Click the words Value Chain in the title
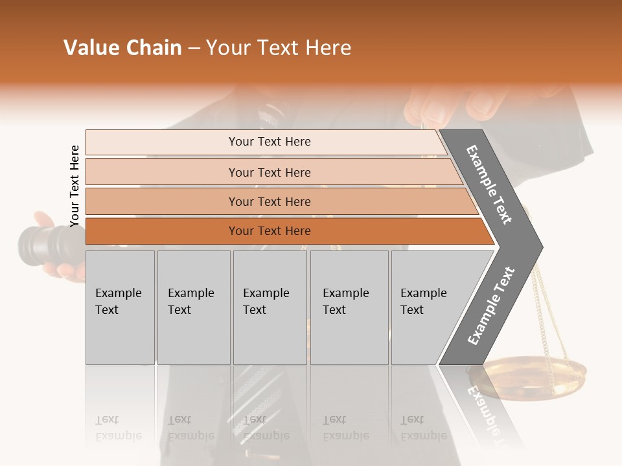pyautogui.click(x=122, y=48)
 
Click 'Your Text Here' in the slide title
pyautogui.click(x=279, y=48)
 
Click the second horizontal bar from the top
pyautogui.click(x=270, y=172)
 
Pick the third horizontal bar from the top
pyautogui.click(x=270, y=201)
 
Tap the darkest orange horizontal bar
pyautogui.click(x=270, y=231)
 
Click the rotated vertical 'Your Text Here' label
pyautogui.click(x=75, y=186)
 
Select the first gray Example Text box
pyautogui.click(x=120, y=307)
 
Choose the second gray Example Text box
pyautogui.click(x=193, y=307)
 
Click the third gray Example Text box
pyautogui.click(x=270, y=307)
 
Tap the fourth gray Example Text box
pyautogui.click(x=349, y=307)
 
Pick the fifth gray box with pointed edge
pyautogui.click(x=428, y=307)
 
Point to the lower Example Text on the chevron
pyautogui.click(x=491, y=305)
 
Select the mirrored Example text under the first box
pyautogui.click(x=117, y=428)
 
